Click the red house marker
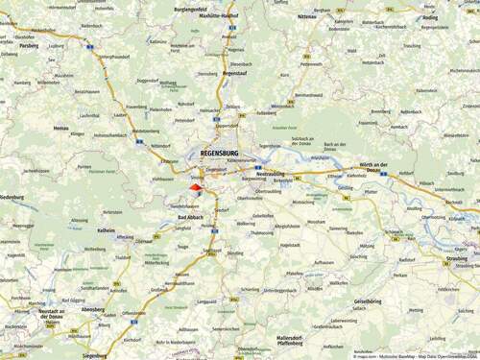point(195,188)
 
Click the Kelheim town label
point(106,230)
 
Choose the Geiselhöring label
point(369,301)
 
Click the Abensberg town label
point(93,311)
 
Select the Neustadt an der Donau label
point(51,314)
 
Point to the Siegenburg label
point(94,355)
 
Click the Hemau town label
point(60,127)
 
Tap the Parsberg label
point(29,45)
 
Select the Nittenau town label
point(307,16)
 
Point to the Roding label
point(430,16)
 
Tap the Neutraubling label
point(270,175)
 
